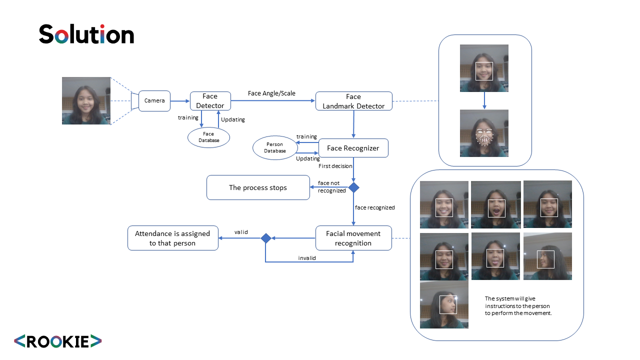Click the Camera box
(x=154, y=101)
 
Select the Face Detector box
(x=210, y=101)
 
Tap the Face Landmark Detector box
(x=353, y=101)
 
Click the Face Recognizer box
(x=353, y=148)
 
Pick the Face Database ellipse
(x=208, y=137)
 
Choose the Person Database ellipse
(x=275, y=147)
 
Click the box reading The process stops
(x=258, y=187)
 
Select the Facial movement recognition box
(x=353, y=238)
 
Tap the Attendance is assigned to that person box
(x=172, y=238)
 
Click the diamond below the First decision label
(x=354, y=187)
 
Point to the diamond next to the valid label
(x=266, y=238)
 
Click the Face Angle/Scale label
(x=271, y=93)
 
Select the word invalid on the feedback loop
(x=307, y=258)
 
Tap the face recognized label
(x=374, y=207)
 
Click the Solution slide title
(x=86, y=34)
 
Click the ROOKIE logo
(x=57, y=341)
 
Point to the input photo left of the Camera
(x=86, y=100)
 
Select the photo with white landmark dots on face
(x=484, y=133)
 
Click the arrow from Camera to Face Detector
(x=180, y=101)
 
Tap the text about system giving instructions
(x=518, y=305)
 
